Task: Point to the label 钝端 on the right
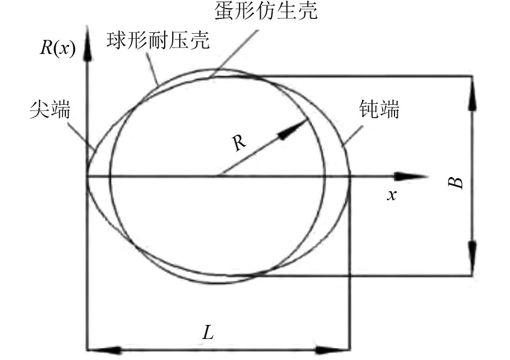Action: [379, 111]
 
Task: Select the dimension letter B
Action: [456, 182]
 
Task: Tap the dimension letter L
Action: [208, 331]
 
